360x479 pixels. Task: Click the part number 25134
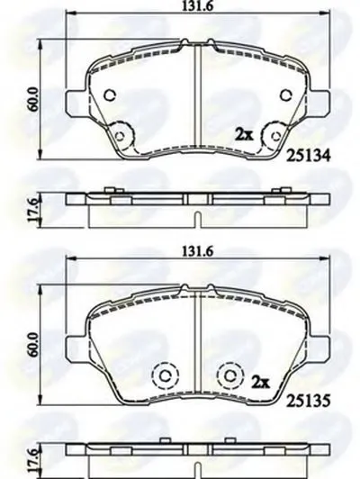tap(308, 156)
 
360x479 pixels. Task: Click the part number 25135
tap(308, 400)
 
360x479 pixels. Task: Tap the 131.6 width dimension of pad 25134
tap(197, 6)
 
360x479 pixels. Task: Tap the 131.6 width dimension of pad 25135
tap(197, 251)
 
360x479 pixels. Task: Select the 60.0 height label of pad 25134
tap(33, 99)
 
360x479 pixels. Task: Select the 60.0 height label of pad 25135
tap(33, 344)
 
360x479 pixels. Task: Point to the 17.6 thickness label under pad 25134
tap(33, 209)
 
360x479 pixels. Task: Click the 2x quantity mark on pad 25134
tap(244, 134)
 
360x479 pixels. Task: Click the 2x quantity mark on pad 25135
tap(260, 382)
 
